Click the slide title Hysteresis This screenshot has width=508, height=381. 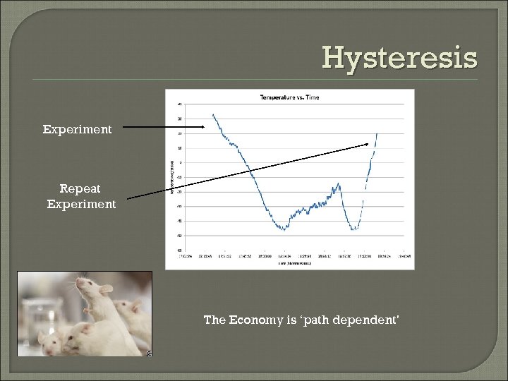(x=399, y=58)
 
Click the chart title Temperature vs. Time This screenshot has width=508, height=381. (x=289, y=97)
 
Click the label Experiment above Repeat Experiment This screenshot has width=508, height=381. (x=77, y=129)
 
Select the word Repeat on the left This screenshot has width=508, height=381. (x=80, y=189)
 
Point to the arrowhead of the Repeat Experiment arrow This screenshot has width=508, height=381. (x=368, y=145)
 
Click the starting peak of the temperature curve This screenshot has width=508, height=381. (x=213, y=114)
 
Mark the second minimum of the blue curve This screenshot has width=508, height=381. (x=355, y=229)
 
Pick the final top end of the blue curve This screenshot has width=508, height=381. (x=377, y=133)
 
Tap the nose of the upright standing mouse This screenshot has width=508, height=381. (x=76, y=284)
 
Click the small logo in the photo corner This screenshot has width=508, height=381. (x=149, y=353)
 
